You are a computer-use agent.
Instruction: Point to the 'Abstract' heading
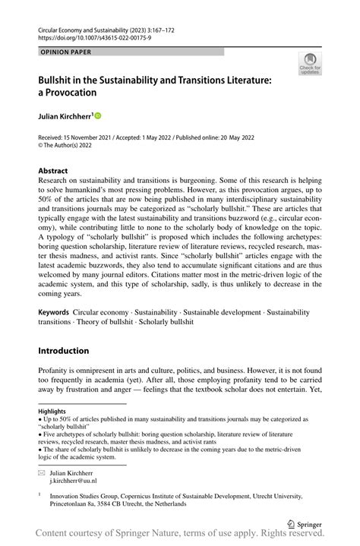(x=53, y=171)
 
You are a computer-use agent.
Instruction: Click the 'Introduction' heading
(x=64, y=350)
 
